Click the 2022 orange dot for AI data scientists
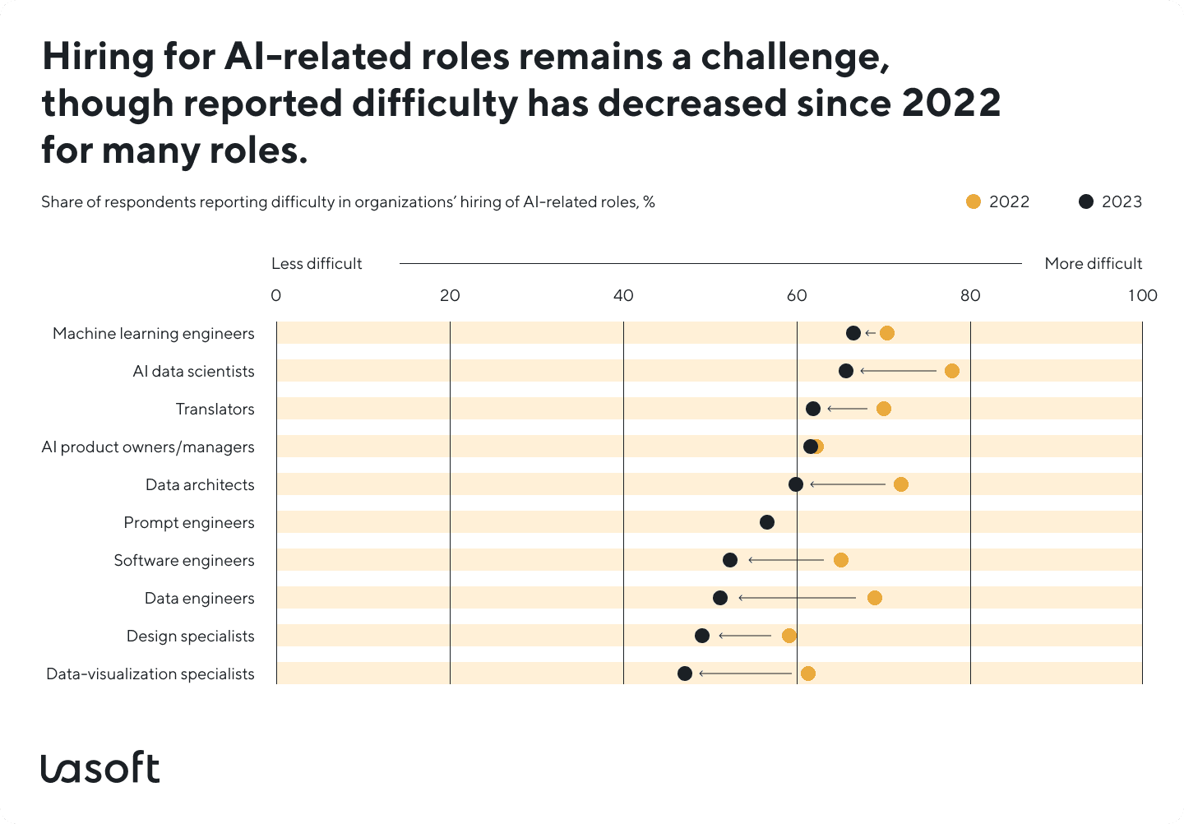[x=951, y=371]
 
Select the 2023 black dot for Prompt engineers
[x=766, y=522]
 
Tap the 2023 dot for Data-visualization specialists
[x=684, y=674]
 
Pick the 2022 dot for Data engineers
[x=874, y=598]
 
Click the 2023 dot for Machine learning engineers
[x=853, y=333]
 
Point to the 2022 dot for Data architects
[x=900, y=484]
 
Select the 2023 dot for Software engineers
[x=729, y=560]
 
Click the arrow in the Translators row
[x=847, y=409]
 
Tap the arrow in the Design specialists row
[x=745, y=636]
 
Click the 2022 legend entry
[x=997, y=202]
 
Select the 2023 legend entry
[x=1110, y=202]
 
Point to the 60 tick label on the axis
[x=796, y=296]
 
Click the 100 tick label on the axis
[x=1141, y=296]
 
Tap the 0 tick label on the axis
[x=276, y=296]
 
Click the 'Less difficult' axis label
[x=317, y=264]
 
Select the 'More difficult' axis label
[x=1093, y=264]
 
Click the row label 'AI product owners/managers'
[x=148, y=447]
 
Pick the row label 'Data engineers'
[x=199, y=599]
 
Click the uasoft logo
[x=100, y=767]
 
